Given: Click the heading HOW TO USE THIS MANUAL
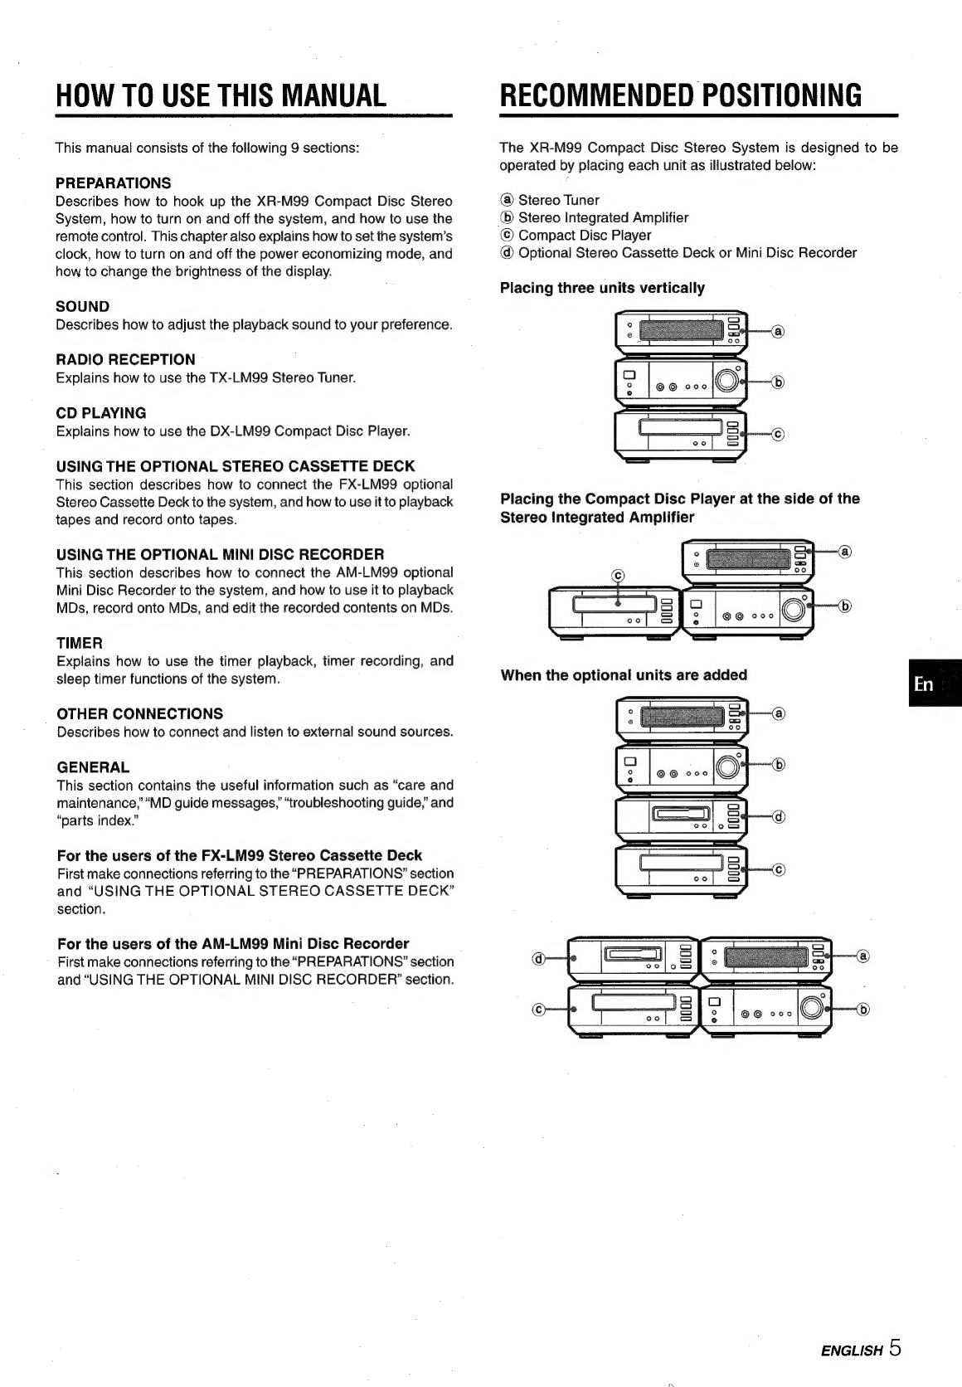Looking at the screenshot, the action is coord(221,95).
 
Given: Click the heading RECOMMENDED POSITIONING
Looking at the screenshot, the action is coord(680,95).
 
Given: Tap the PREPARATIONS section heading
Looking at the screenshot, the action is coord(114,183).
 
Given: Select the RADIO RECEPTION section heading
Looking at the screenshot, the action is coord(126,360).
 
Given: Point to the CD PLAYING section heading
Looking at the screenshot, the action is coord(101,413).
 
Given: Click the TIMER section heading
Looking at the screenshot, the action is coord(80,643).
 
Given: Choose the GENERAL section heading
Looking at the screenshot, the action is coord(94,767).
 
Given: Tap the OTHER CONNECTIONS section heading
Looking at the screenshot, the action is coord(140,714).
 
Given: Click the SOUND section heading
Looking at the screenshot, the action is coord(83,306).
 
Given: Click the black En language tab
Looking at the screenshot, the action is coord(935,683).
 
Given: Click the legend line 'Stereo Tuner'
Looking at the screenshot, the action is coord(550,200).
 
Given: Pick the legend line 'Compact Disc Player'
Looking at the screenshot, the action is coord(576,236).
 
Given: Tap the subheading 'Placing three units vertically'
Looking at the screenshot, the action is coord(602,288).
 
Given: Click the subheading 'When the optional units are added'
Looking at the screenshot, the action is coord(624,675).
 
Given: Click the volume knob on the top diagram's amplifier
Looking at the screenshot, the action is coord(726,380).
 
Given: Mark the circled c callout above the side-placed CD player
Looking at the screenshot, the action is coord(618,576).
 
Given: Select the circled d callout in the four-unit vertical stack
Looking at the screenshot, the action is coord(779,817).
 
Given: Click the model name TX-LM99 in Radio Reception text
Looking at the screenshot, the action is coord(239,377).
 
